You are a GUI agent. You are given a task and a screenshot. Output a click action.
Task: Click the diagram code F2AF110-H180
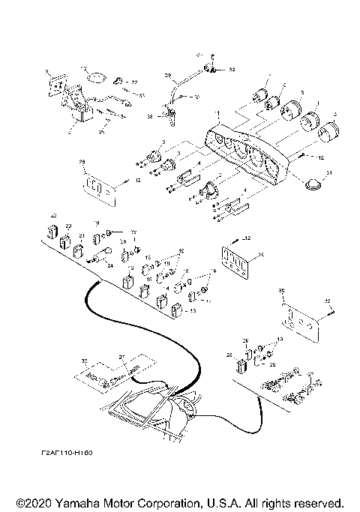click(x=73, y=454)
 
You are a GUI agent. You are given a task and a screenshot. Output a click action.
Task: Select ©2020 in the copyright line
click(x=34, y=502)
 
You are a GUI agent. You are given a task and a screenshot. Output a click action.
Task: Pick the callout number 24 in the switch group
click(x=109, y=265)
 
